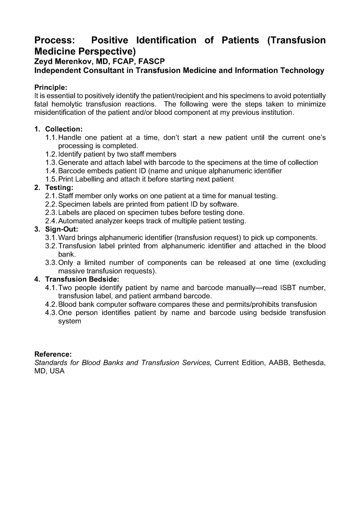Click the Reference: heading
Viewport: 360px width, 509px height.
point(53,354)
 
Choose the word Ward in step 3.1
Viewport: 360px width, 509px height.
point(68,238)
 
